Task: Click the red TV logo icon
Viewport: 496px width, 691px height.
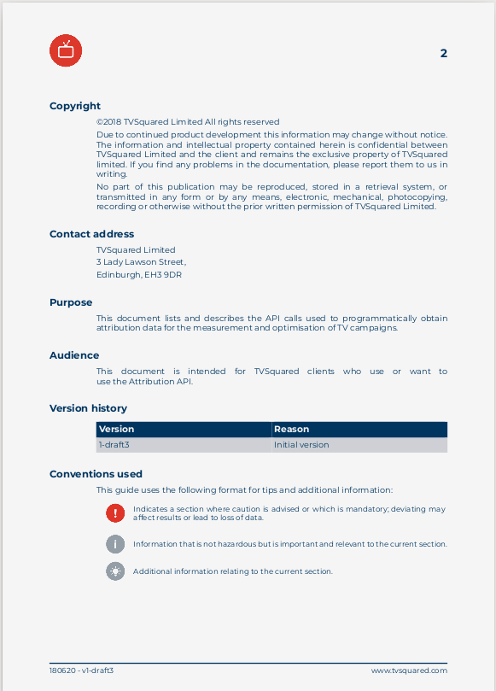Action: pos(66,51)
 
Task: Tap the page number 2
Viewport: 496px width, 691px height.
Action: pos(443,53)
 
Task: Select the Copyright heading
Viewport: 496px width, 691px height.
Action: pos(75,106)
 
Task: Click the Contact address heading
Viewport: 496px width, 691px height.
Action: pos(91,234)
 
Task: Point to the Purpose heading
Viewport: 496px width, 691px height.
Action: pos(71,302)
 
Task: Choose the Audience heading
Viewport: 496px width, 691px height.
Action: pos(74,355)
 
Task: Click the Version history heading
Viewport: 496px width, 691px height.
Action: pos(88,408)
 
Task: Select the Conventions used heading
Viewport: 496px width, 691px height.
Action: pos(96,474)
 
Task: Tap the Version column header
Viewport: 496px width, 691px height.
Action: pos(117,429)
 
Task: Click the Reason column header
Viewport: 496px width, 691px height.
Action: pos(292,429)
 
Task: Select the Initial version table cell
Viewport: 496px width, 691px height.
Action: pos(301,445)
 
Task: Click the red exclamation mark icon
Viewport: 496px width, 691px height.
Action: pos(115,512)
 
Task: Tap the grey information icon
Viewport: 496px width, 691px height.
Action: pos(115,544)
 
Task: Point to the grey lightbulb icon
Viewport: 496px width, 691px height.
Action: pos(115,571)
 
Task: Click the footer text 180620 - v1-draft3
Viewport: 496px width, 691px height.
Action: pos(81,671)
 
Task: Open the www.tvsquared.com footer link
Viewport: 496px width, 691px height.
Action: pos(409,671)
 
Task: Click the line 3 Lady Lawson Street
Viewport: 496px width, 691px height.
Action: pos(141,262)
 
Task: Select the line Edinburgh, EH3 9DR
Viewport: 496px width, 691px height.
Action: pos(139,275)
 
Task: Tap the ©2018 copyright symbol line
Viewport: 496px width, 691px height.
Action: pos(188,122)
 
